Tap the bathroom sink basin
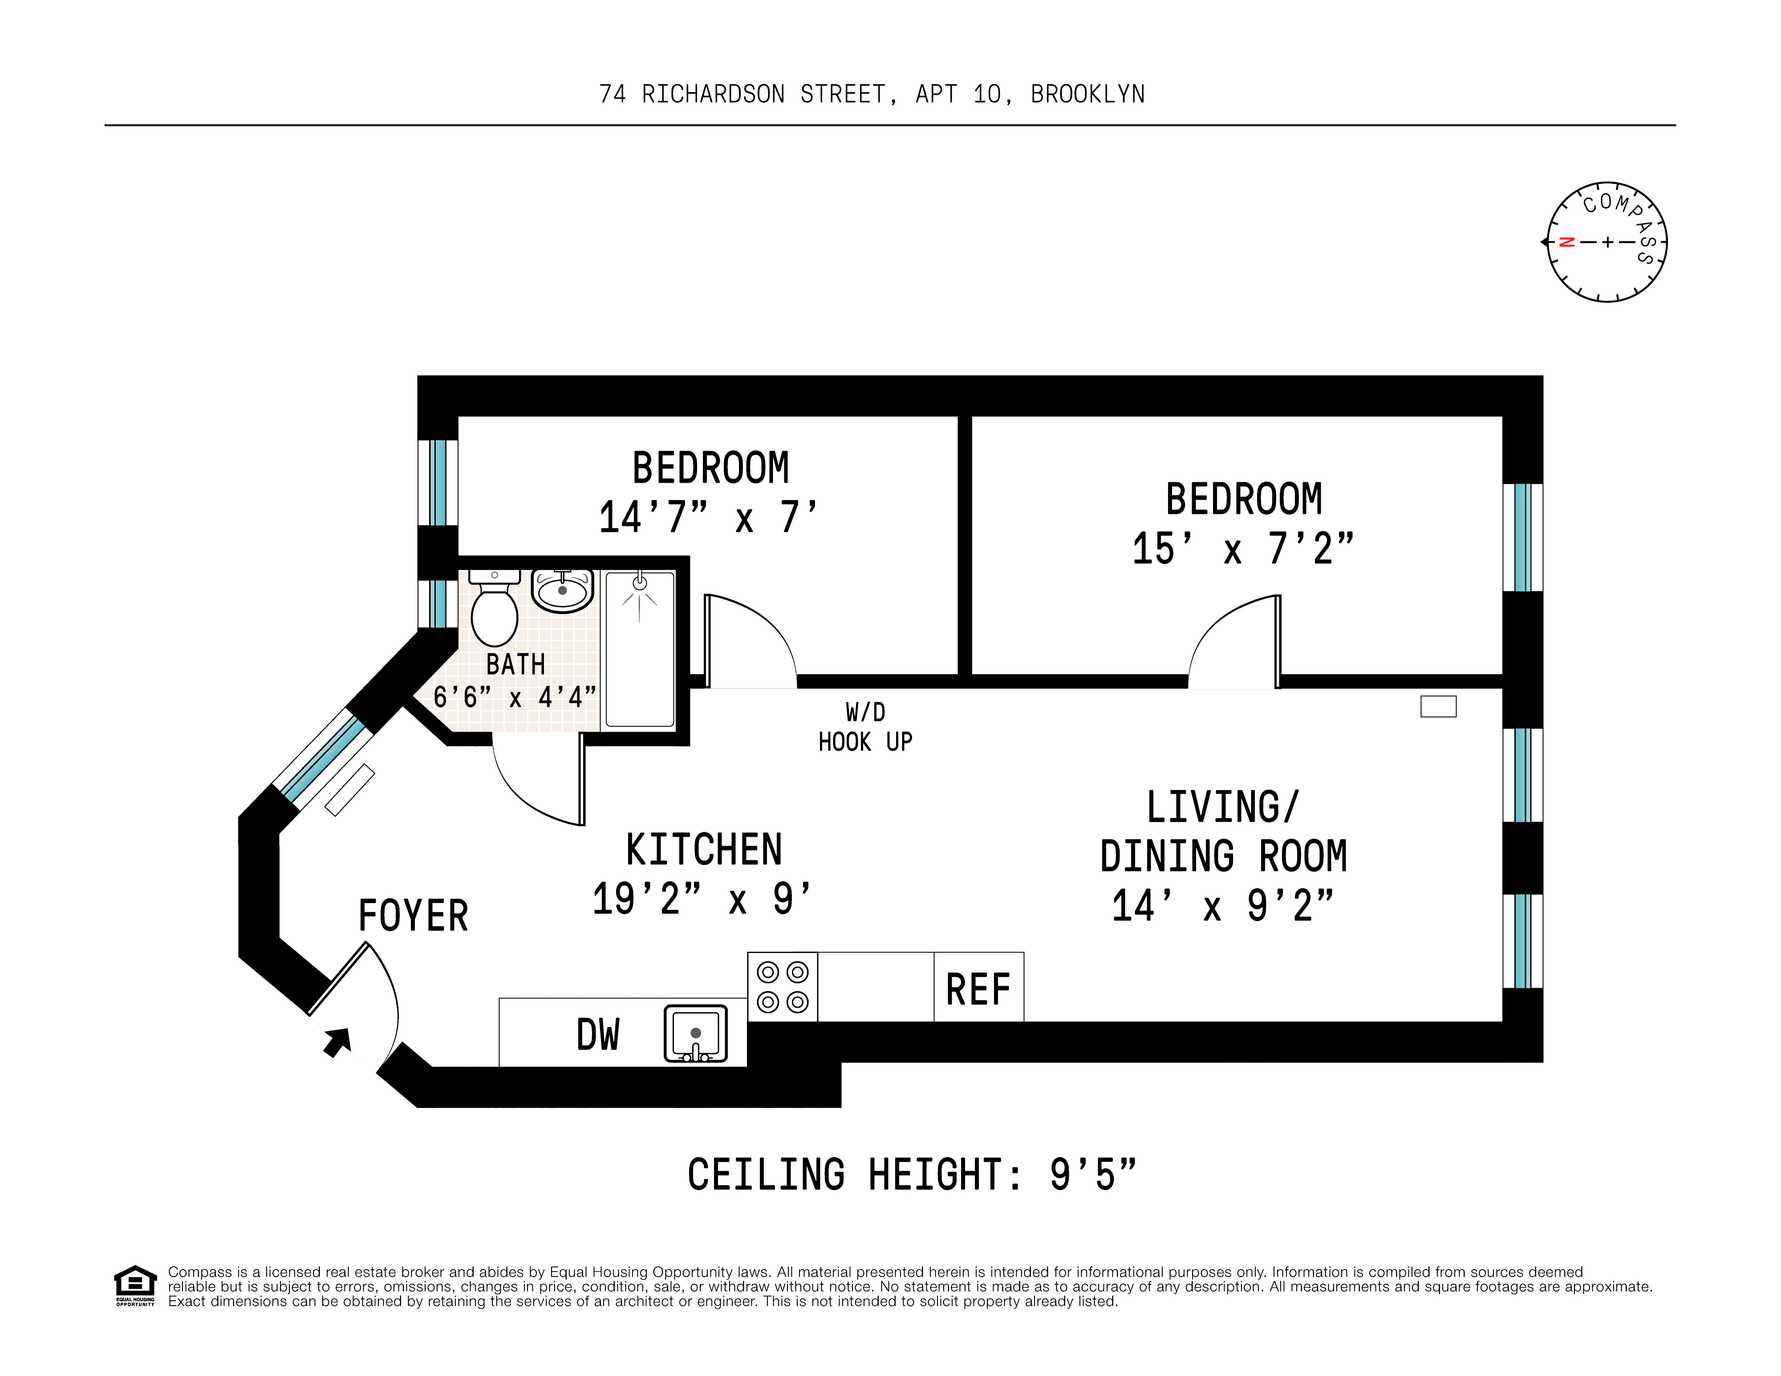tap(562, 590)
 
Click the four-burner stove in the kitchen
tap(782, 986)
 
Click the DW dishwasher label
tap(598, 1034)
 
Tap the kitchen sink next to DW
tap(695, 1033)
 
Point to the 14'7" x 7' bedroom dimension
tap(707, 518)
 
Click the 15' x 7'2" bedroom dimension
tap(1242, 548)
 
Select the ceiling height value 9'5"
tap(1092, 1174)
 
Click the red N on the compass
tap(1566, 242)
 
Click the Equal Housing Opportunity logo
tap(134, 1285)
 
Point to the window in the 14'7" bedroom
tap(438, 483)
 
